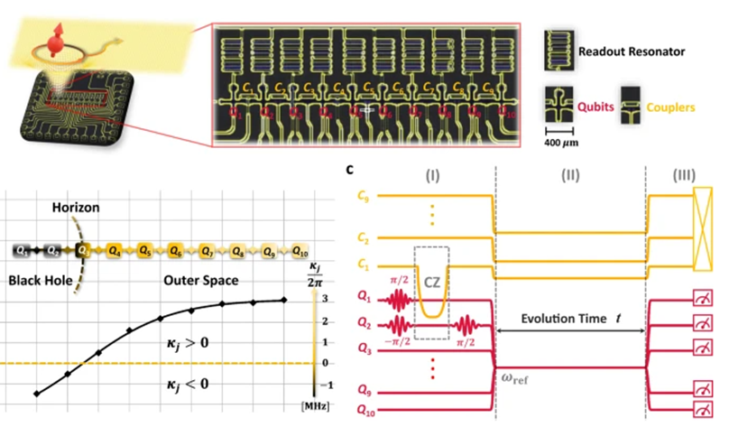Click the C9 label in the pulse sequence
[362, 194]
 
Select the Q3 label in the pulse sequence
[362, 348]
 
